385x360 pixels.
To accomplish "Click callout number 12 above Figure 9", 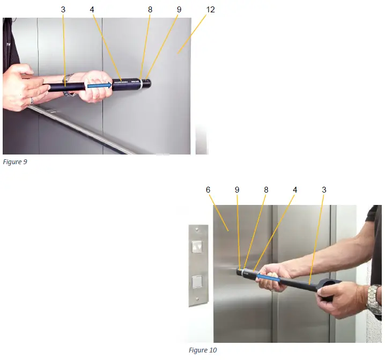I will pyautogui.click(x=210, y=9).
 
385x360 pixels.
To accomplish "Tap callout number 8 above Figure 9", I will pyautogui.click(x=150, y=9).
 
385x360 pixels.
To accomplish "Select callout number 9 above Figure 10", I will pyautogui.click(x=237, y=190).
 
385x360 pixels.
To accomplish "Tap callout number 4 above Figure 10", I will pyautogui.click(x=294, y=190).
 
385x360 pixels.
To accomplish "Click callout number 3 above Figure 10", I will pyautogui.click(x=324, y=190).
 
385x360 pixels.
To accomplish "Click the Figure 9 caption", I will pyautogui.click(x=14, y=162).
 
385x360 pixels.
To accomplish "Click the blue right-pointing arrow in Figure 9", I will pyautogui.click(x=100, y=85).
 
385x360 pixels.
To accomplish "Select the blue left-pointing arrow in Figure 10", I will pyautogui.click(x=267, y=277).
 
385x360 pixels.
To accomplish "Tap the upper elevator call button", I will pyautogui.click(x=197, y=246).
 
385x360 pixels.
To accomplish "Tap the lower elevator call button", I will pyautogui.click(x=197, y=281).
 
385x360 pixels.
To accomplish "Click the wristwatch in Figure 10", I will pyautogui.click(x=374, y=299).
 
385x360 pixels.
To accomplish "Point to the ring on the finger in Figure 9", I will pyautogui.click(x=31, y=100).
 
